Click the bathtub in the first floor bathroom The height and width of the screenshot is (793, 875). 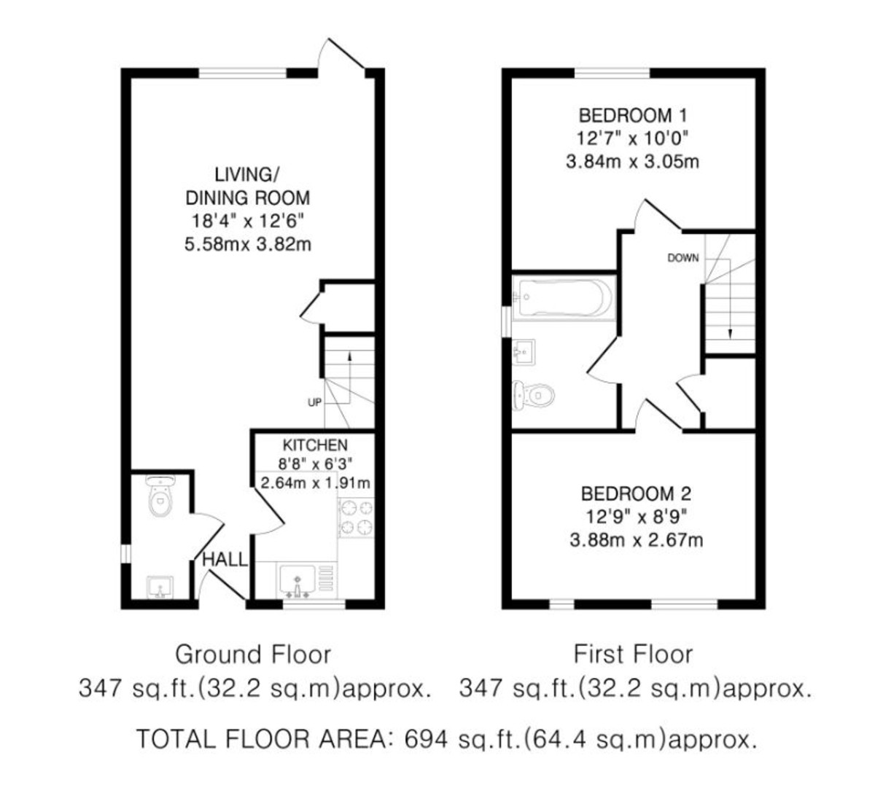[x=564, y=297]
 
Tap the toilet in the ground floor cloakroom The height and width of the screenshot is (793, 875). [x=160, y=498]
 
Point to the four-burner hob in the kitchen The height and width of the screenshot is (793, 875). [x=356, y=517]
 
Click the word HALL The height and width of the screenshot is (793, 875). [x=225, y=560]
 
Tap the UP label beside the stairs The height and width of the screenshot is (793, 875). [x=314, y=402]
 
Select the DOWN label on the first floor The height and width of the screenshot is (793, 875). [x=682, y=258]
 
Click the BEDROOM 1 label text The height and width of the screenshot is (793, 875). [x=632, y=115]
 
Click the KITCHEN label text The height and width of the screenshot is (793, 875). [x=315, y=445]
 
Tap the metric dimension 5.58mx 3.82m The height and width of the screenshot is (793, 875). [x=248, y=244]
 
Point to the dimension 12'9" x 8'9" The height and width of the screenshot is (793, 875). [x=635, y=517]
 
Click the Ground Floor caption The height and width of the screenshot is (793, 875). [x=252, y=654]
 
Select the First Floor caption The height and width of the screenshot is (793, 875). [x=633, y=654]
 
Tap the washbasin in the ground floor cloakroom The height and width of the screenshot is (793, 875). [x=159, y=586]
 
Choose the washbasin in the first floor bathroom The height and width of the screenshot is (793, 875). [x=524, y=354]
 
